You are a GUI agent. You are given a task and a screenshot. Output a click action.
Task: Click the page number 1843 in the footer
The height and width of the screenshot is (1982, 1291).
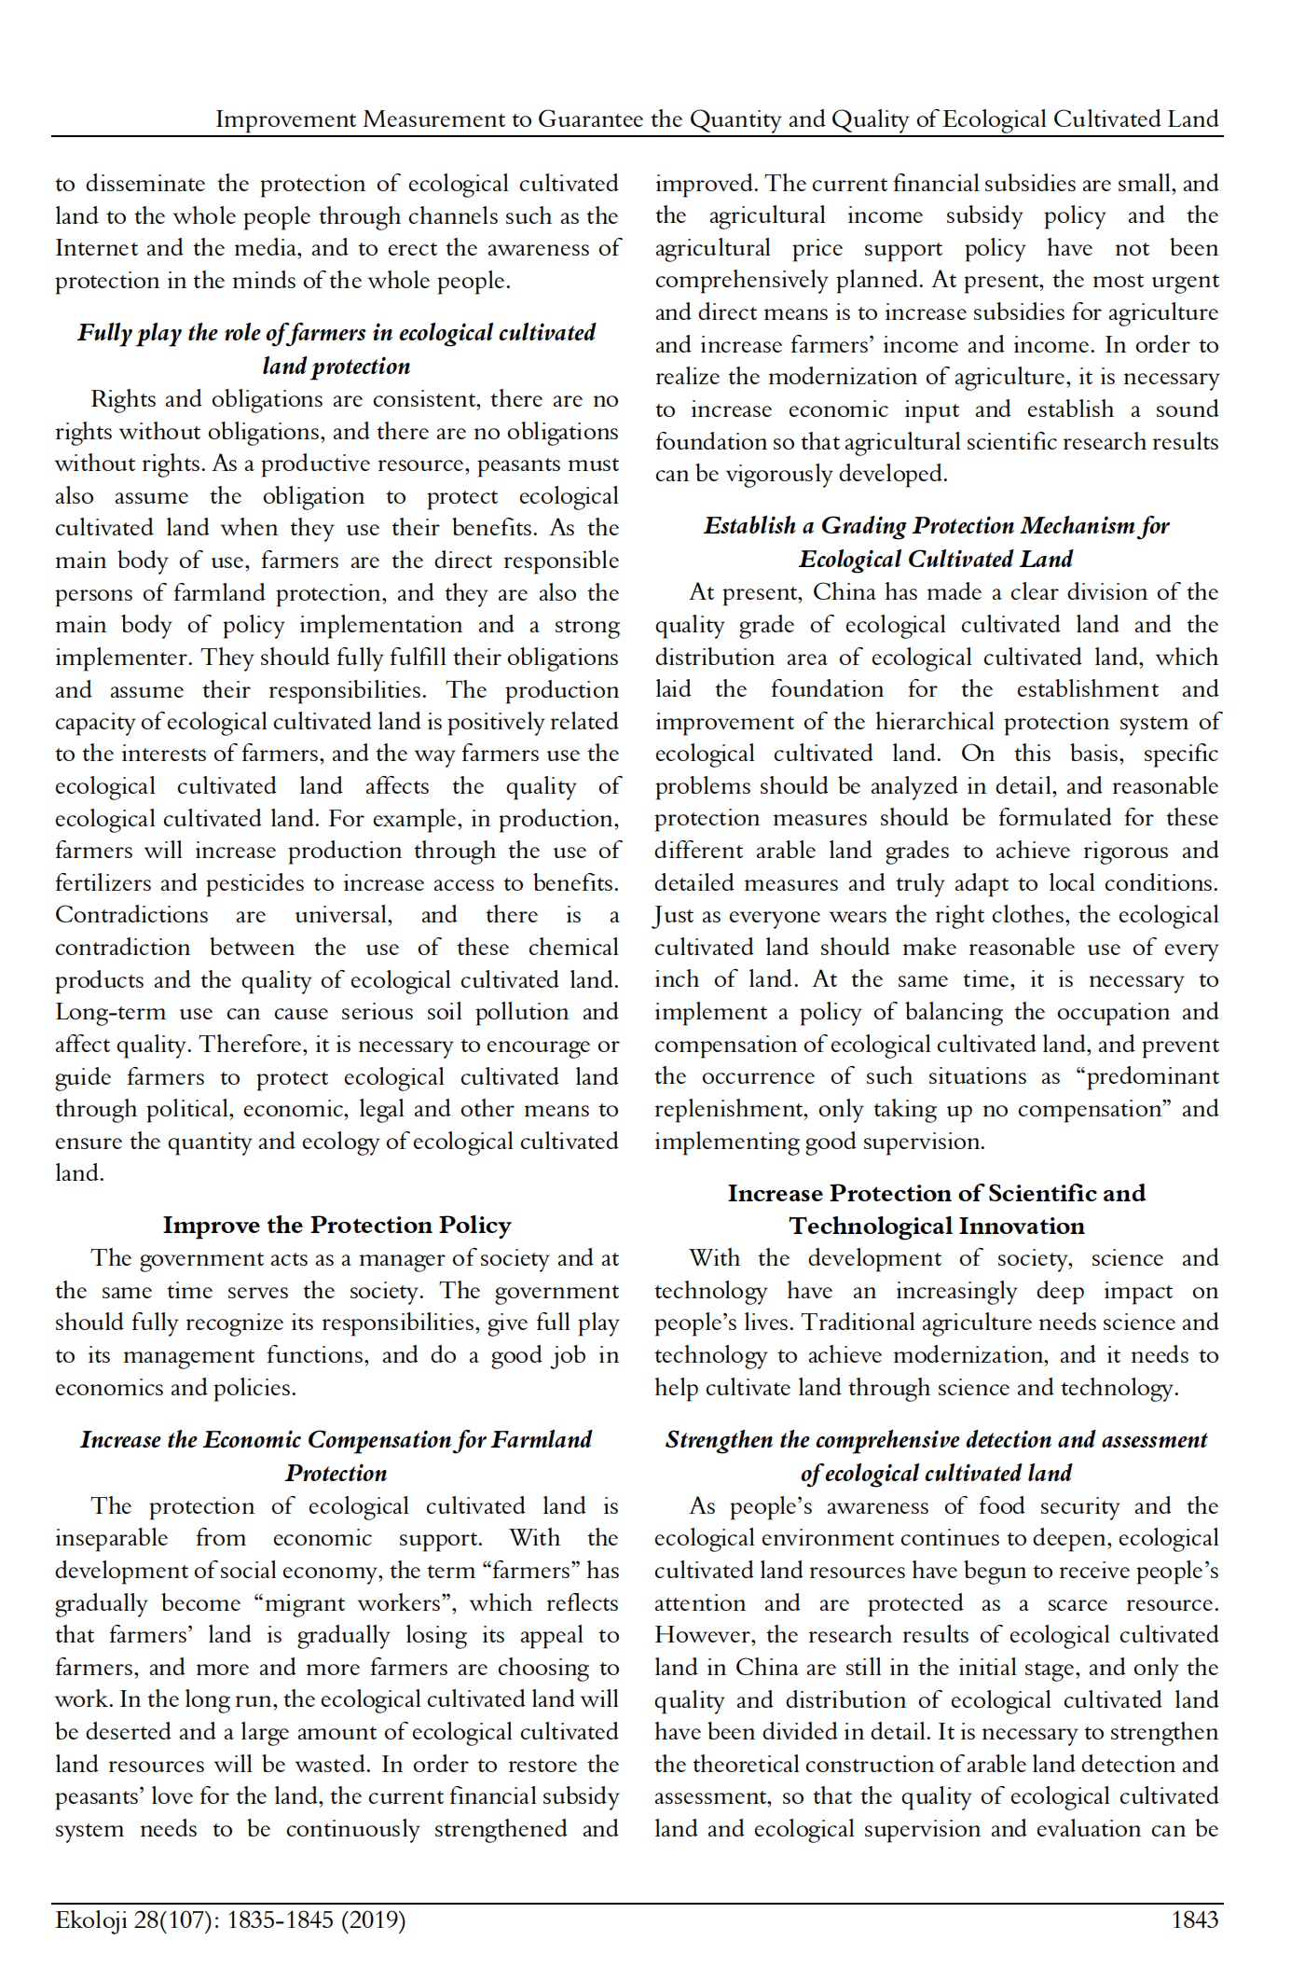(1194, 1920)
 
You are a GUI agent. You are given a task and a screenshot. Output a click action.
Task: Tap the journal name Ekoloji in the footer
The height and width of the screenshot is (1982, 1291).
(89, 1920)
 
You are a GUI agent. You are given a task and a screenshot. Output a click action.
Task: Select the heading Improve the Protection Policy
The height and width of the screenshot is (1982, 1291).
(336, 1226)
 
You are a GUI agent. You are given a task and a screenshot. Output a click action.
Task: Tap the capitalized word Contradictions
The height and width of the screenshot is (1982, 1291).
(131, 915)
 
